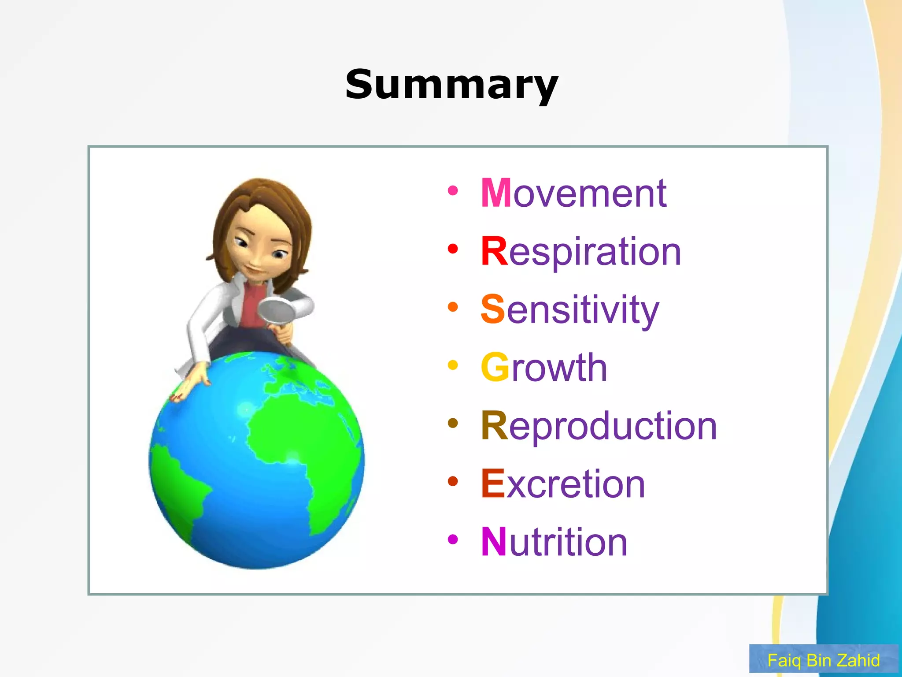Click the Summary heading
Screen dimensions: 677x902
coord(451,85)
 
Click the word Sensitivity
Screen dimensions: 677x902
coord(569,309)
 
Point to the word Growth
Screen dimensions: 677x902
coord(544,368)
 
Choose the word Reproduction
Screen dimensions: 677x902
coord(599,426)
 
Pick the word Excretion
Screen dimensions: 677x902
coord(563,484)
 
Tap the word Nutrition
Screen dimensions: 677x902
coord(554,542)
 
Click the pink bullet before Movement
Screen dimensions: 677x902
coord(453,191)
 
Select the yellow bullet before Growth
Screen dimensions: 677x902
coord(453,365)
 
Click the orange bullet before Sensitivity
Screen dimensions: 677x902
coord(453,307)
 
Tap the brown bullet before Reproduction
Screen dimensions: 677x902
coord(453,423)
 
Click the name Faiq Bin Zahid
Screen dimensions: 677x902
coord(823,660)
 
